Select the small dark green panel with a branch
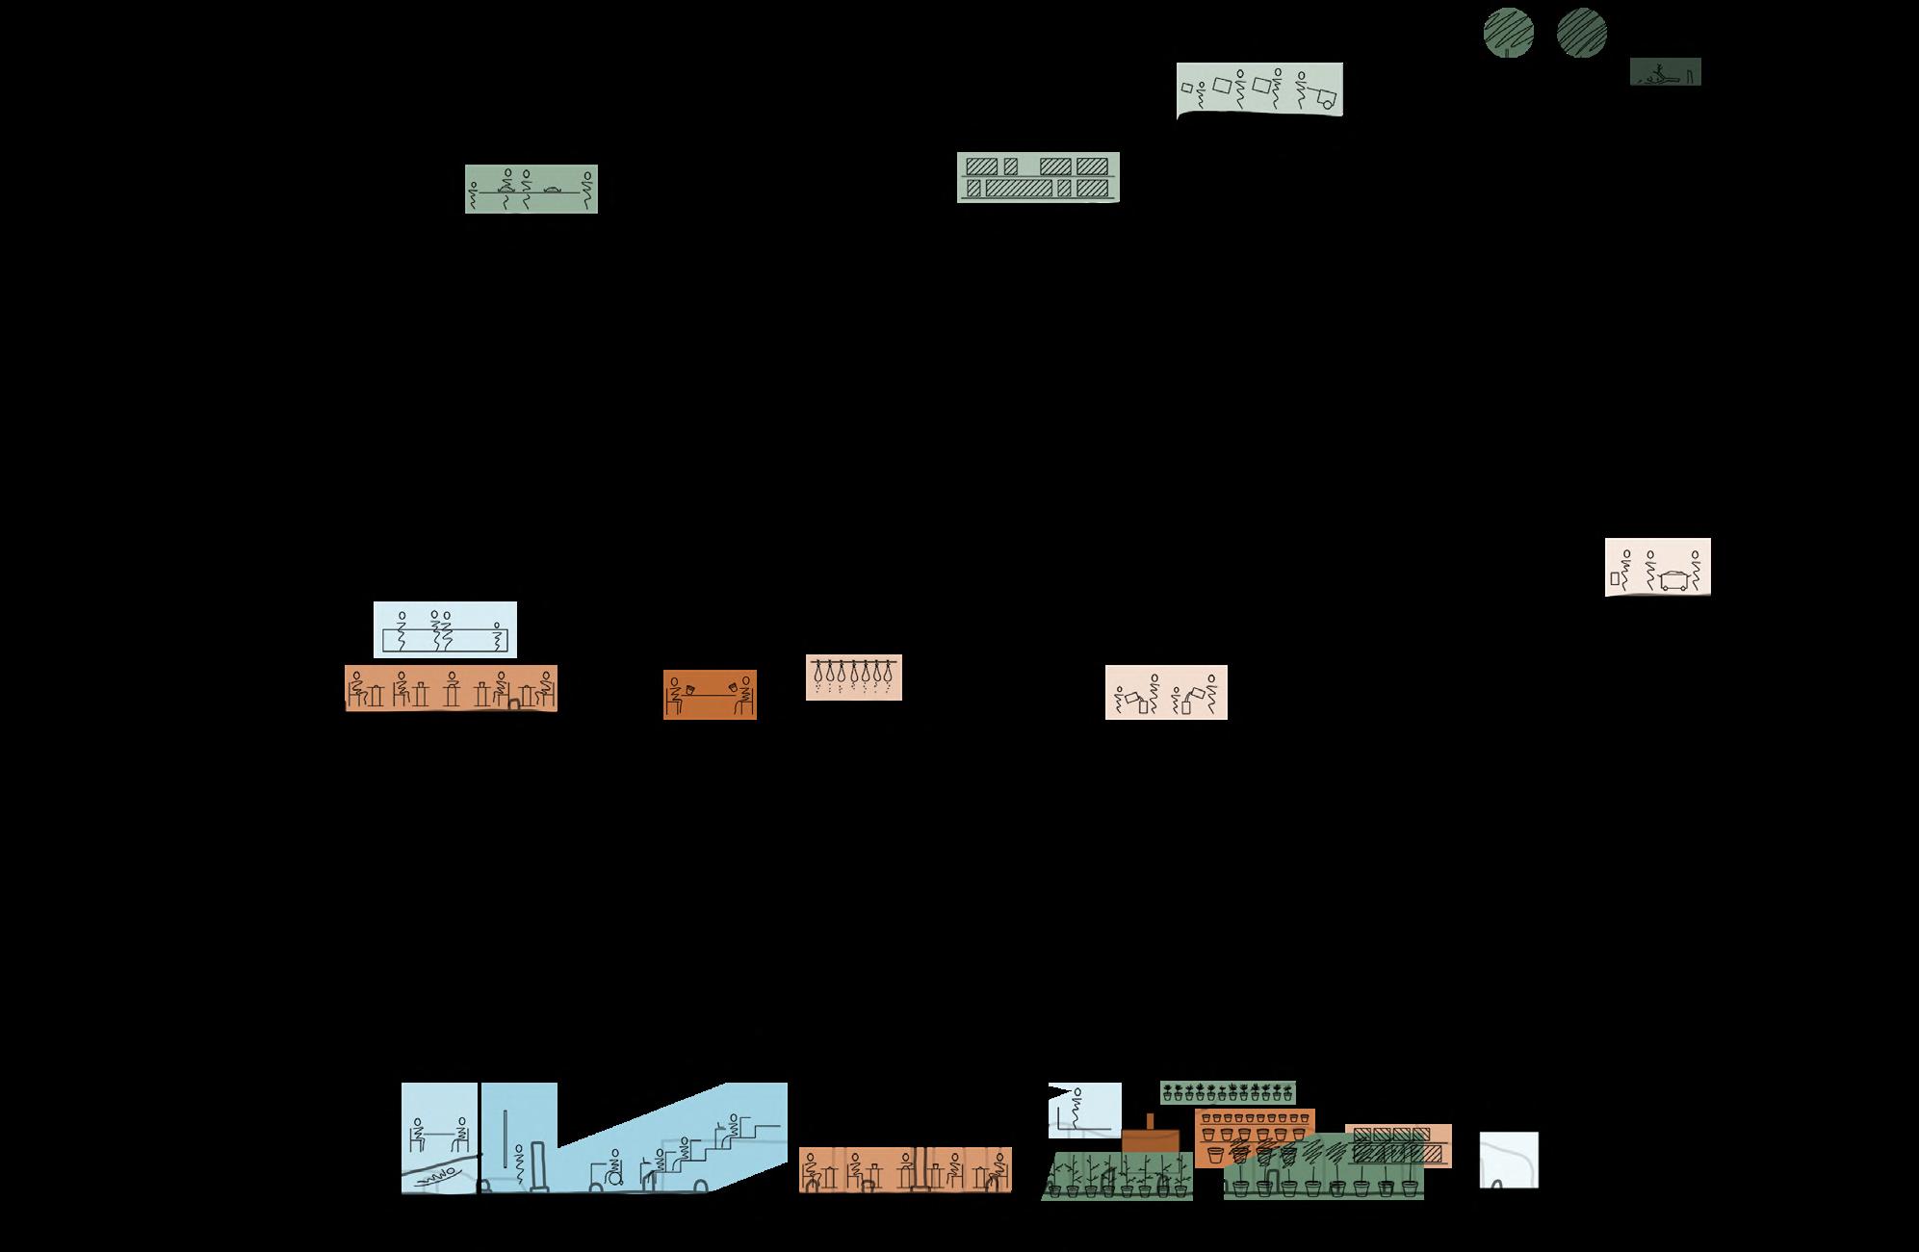(1665, 71)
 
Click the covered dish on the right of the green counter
(553, 189)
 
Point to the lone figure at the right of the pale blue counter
(497, 637)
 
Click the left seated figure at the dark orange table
(675, 698)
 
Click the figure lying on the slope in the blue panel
(439, 1174)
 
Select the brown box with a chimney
(1150, 1138)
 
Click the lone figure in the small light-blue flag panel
(1078, 1107)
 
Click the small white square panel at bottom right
(1508, 1160)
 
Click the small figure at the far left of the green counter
(472, 192)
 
